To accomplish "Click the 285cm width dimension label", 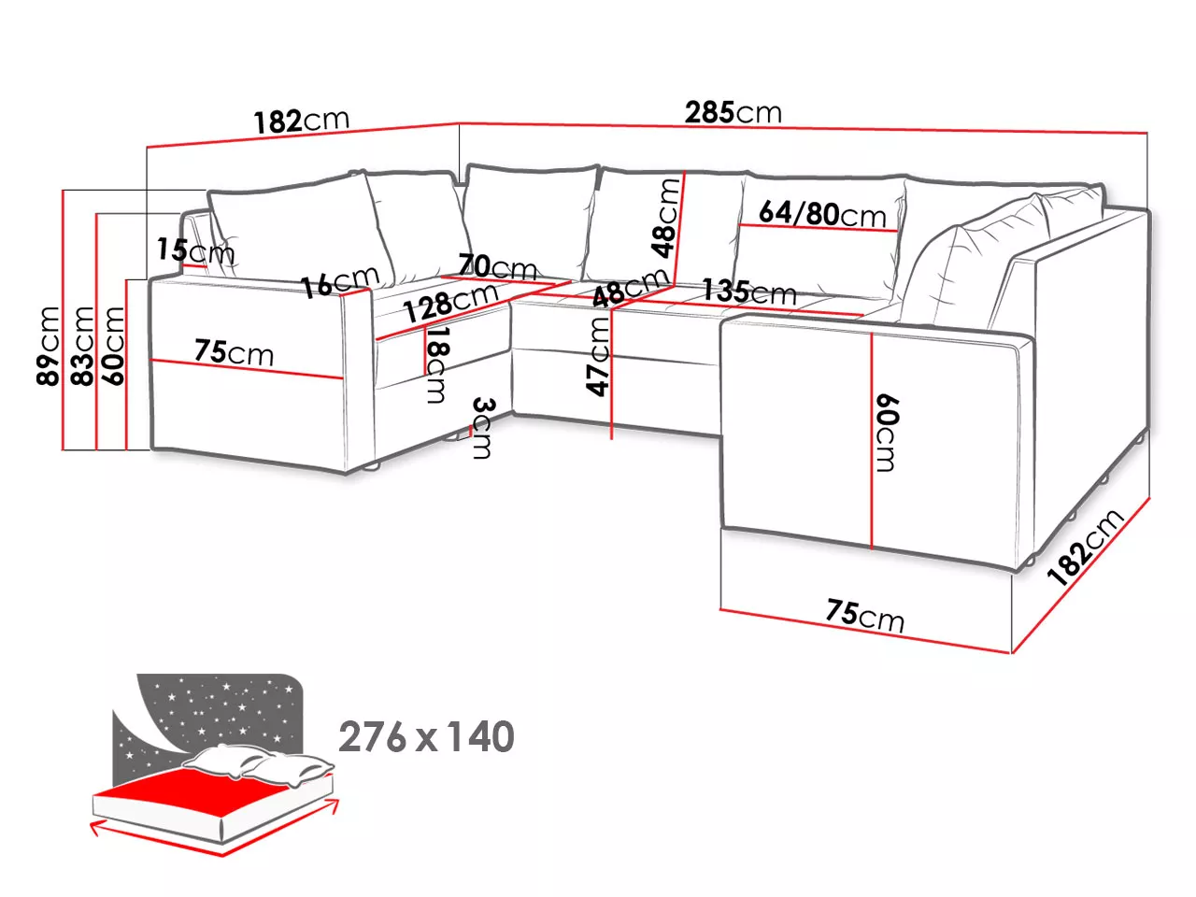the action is [x=733, y=112].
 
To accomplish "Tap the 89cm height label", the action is [x=48, y=346].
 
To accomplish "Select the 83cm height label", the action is [x=82, y=346].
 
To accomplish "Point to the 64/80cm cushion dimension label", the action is [x=822, y=213].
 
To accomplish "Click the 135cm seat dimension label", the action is [x=748, y=292].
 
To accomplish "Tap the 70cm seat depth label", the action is [x=497, y=267].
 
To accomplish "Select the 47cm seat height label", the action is [x=598, y=357].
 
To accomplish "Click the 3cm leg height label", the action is [x=483, y=428].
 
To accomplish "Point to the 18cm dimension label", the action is [x=437, y=364].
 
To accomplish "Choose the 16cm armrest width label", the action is [x=340, y=281].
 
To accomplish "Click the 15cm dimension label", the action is [x=195, y=251].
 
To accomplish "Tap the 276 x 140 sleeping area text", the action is [x=426, y=737].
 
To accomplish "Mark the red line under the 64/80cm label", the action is [x=818, y=228].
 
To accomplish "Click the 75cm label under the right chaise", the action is [x=864, y=616].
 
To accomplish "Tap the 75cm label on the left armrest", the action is [x=234, y=352].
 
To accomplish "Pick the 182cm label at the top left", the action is [x=301, y=121].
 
